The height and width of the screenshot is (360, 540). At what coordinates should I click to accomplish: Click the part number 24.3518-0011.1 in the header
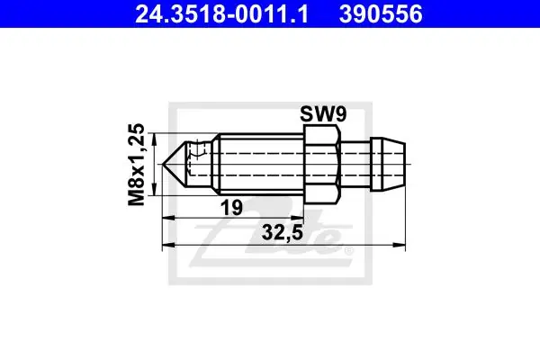click(x=221, y=14)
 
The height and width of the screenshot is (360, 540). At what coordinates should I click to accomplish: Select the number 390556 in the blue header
click(x=381, y=14)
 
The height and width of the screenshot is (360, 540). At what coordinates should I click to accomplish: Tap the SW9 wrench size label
click(x=323, y=114)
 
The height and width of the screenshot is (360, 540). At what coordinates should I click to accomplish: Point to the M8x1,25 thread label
click(x=136, y=165)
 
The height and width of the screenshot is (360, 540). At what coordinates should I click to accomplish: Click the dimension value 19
click(x=231, y=207)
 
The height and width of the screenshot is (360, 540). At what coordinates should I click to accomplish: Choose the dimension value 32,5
click(x=282, y=232)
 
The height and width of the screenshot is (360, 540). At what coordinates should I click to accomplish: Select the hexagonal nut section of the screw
click(x=321, y=165)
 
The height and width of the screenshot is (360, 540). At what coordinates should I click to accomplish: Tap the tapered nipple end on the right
click(x=388, y=165)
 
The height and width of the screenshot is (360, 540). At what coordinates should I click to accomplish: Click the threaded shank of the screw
click(x=261, y=165)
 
